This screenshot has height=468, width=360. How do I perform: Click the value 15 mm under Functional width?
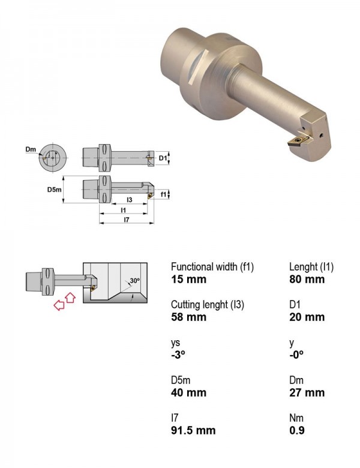[188, 280]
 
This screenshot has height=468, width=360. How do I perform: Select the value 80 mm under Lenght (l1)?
[307, 280]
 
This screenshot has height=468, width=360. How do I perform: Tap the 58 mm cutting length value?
[188, 317]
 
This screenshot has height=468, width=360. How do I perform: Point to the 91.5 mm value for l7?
[193, 430]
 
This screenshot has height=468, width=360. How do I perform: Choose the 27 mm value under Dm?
[307, 393]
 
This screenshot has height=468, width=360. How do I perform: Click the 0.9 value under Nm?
[297, 430]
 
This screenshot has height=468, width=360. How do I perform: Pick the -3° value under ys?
[178, 355]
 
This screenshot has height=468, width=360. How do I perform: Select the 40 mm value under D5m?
[188, 393]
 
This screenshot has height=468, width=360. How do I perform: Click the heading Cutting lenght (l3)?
[208, 305]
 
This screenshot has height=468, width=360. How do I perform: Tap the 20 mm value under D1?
[307, 317]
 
